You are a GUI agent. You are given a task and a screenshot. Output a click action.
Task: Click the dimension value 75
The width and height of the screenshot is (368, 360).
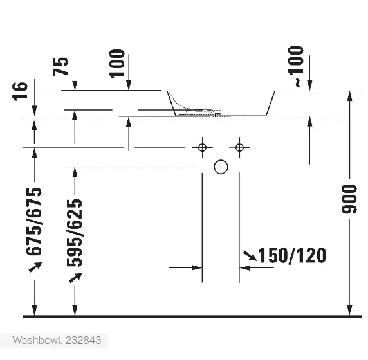point(60,67)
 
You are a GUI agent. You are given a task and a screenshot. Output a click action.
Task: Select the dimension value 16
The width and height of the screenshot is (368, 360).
point(20,91)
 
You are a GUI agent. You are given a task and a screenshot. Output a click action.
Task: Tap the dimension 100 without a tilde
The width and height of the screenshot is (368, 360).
point(117,64)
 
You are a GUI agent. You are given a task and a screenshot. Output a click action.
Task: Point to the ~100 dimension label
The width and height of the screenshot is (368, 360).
point(296,67)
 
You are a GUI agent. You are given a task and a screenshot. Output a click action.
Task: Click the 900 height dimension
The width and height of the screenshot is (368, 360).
point(349,199)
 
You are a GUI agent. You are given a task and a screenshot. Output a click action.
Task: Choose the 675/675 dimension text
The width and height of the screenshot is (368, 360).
point(34,221)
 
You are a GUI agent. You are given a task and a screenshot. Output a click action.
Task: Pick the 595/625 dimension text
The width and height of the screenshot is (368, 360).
point(75,233)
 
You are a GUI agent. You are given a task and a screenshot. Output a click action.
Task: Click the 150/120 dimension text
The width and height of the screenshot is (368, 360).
point(292,255)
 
